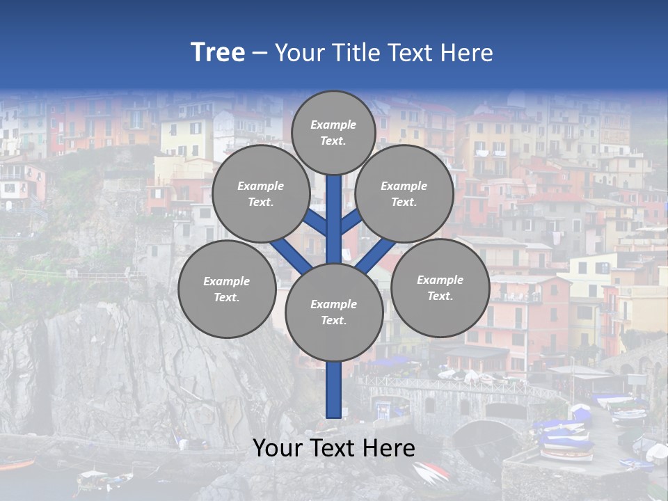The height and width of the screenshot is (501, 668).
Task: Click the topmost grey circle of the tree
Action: pyautogui.click(x=333, y=132)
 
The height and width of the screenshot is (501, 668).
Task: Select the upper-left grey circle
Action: pyautogui.click(x=260, y=194)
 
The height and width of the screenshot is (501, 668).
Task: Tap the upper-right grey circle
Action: pyautogui.click(x=404, y=194)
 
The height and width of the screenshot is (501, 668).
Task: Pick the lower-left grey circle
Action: pyautogui.click(x=227, y=289)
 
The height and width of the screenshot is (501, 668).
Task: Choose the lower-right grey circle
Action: pyautogui.click(x=440, y=287)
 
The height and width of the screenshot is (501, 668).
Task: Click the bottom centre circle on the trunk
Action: pyautogui.click(x=334, y=312)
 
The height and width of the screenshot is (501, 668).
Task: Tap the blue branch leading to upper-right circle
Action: pyautogui.click(x=351, y=222)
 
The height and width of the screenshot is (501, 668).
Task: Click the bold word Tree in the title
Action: pyautogui.click(x=218, y=52)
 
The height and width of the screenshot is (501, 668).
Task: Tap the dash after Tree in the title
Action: pyautogui.click(x=259, y=54)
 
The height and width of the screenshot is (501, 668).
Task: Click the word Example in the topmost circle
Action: pyautogui.click(x=333, y=125)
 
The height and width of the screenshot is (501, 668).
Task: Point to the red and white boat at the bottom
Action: pyautogui.click(x=431, y=473)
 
